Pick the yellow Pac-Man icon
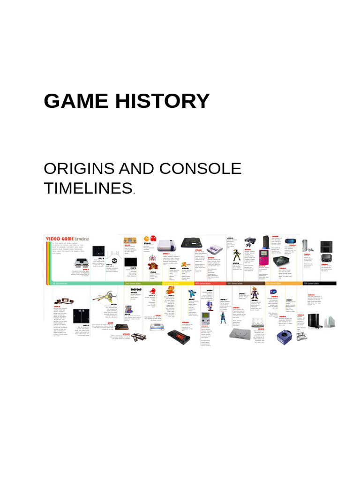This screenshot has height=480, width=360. click(147, 239)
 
